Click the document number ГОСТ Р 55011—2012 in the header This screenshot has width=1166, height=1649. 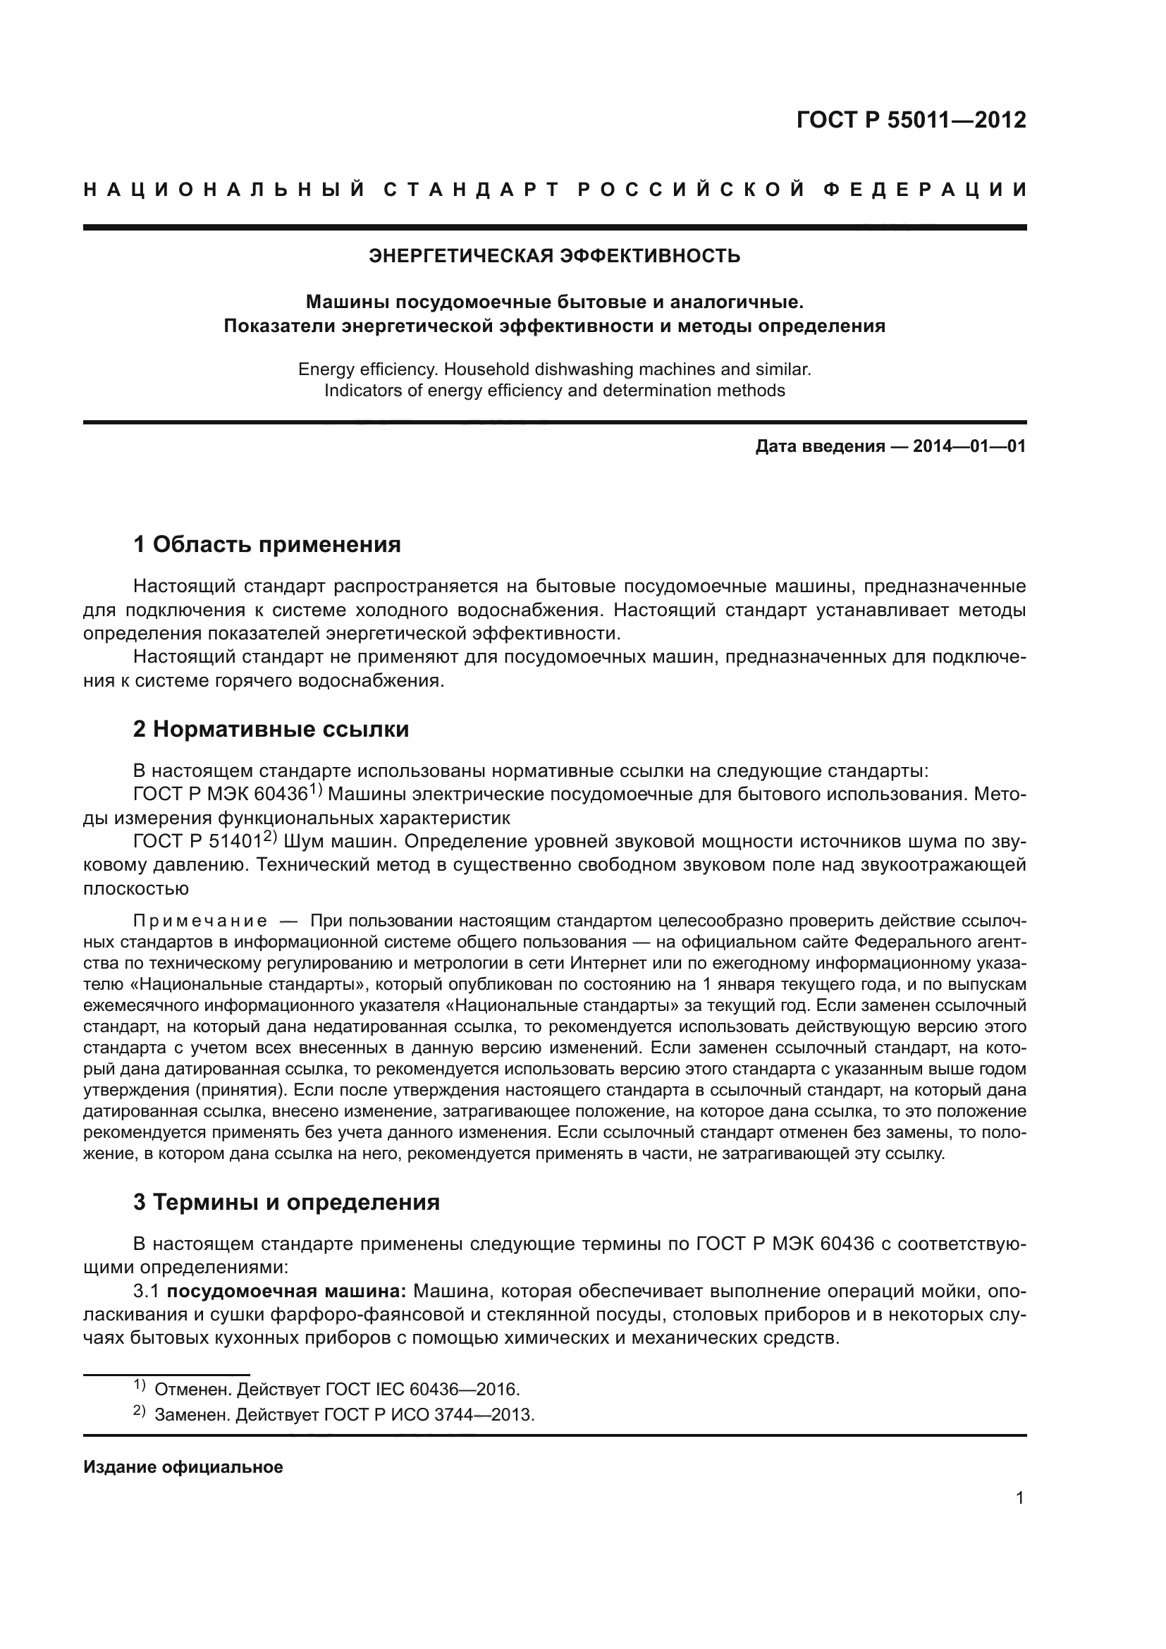pyautogui.click(x=911, y=119)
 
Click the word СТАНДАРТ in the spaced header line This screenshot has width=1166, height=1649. pyautogui.click(x=470, y=190)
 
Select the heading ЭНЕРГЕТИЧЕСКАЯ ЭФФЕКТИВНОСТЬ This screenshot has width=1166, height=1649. pyautogui.click(x=554, y=256)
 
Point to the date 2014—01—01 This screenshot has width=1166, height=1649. pyautogui.click(x=969, y=447)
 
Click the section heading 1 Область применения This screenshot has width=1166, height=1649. pyautogui.click(x=267, y=544)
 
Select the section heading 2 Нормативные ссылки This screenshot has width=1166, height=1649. pyautogui.click(x=271, y=729)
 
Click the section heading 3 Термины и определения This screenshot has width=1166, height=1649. pyautogui.click(x=286, y=1202)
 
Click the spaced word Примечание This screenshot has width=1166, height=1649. pyautogui.click(x=200, y=921)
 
